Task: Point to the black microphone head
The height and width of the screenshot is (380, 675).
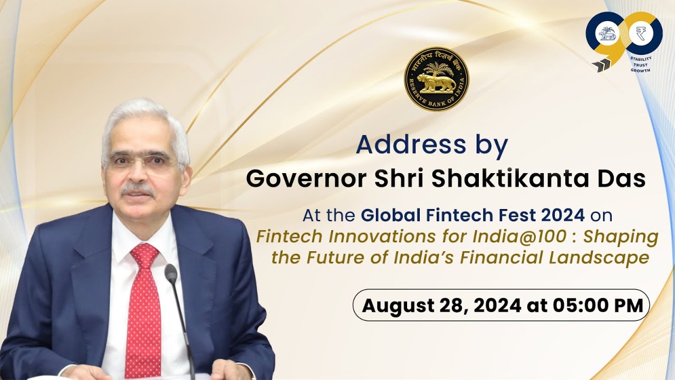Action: tap(171, 273)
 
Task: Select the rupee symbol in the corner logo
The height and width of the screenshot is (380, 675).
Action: tap(641, 34)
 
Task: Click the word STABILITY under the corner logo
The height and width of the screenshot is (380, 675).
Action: tap(641, 59)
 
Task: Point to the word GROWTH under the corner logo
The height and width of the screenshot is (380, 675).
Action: tap(640, 70)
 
